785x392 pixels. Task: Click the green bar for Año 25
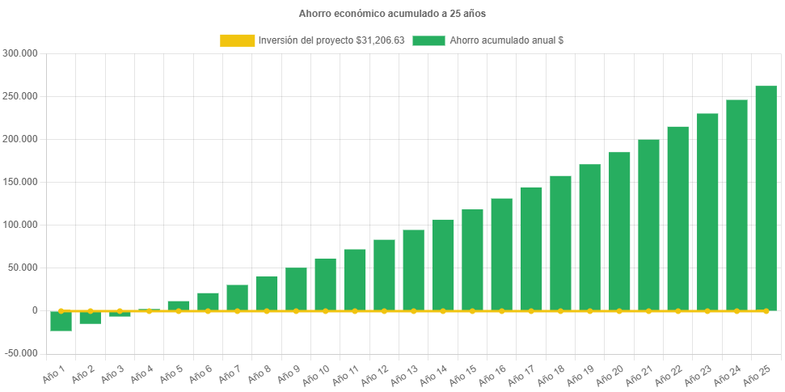[766, 198]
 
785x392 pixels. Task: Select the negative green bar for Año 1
[61, 321]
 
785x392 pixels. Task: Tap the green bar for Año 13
[413, 270]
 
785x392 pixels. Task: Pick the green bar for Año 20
[619, 231]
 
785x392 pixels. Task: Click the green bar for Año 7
[237, 297]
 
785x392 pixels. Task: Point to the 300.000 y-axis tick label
[20, 53]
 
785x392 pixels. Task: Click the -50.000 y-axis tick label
[20, 353]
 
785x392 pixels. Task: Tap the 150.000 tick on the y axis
[20, 182]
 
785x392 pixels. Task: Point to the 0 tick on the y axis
[35, 310]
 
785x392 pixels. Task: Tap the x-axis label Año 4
[140, 373]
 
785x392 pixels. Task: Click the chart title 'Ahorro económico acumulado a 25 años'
[392, 14]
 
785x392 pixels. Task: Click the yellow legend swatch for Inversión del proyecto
[236, 40]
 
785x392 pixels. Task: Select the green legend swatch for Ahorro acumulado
[428, 40]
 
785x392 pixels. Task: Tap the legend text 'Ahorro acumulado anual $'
[506, 40]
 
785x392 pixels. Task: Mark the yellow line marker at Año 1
[61, 310]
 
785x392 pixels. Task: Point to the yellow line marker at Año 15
[472, 310]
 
